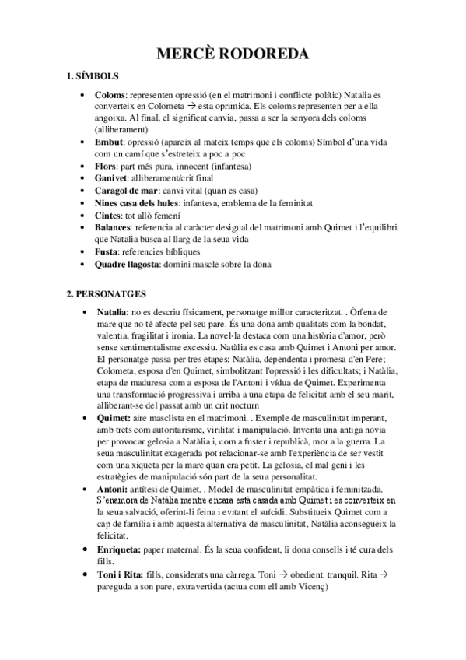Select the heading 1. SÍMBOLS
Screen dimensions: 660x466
click(93, 76)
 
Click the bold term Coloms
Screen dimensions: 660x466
click(110, 94)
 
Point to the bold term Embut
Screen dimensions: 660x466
click(108, 143)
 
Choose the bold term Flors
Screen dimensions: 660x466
click(105, 167)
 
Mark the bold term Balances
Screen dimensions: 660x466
click(115, 228)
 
